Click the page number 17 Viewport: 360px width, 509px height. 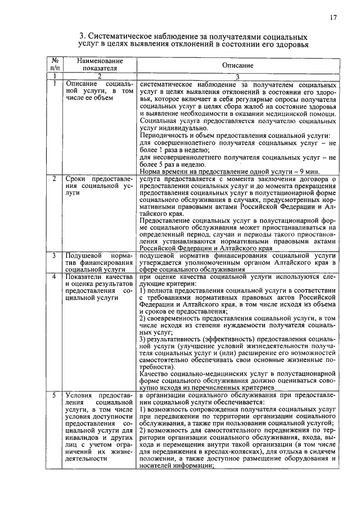[334, 18]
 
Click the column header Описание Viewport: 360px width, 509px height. [237, 66]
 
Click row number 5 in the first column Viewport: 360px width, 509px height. [53, 395]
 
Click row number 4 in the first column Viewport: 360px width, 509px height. [53, 277]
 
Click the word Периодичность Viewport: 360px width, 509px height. [166, 135]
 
